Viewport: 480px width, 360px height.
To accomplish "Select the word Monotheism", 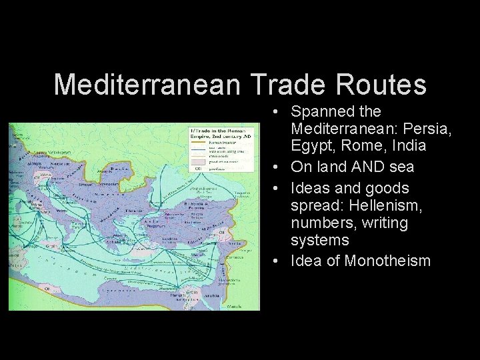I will tap(387, 260).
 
